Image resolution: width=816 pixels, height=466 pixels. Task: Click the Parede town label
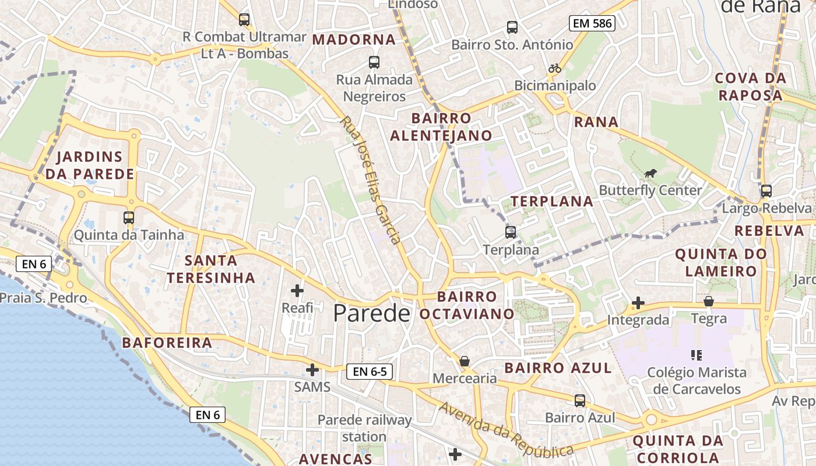(371, 313)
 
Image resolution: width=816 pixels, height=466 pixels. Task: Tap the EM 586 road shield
(592, 23)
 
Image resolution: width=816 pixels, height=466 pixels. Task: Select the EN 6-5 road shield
(370, 371)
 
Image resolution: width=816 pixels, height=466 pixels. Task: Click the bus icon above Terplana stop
(511, 232)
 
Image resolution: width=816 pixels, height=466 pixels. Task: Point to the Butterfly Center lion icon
(650, 173)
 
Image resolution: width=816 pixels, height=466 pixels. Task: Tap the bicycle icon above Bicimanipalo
(554, 68)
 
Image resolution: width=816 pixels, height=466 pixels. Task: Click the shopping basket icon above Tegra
(709, 301)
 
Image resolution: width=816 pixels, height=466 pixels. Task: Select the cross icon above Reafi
(297, 290)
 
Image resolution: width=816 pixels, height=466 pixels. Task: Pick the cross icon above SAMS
(312, 369)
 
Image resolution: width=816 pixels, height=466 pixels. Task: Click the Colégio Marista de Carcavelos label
(697, 380)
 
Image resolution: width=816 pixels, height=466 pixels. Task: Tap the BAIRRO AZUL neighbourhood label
(558, 368)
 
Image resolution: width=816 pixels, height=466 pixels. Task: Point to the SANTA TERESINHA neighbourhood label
(211, 269)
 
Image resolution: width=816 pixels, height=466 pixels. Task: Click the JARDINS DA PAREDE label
(90, 165)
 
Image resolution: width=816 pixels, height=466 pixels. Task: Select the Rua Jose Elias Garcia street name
(371, 180)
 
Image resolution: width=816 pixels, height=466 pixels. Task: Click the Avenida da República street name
(506, 430)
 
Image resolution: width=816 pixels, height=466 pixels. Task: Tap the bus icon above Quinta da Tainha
(129, 218)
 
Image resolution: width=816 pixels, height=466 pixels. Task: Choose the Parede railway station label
(364, 428)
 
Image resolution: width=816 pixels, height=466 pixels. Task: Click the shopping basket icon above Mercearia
(465, 361)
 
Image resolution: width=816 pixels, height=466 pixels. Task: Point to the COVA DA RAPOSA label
(750, 86)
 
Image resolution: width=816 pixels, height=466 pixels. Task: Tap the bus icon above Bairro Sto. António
(512, 27)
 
